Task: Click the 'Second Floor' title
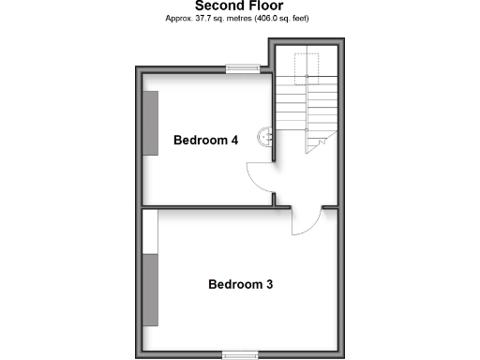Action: click(238, 6)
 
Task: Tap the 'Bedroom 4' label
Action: click(205, 140)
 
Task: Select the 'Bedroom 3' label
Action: click(240, 283)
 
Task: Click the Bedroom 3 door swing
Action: click(306, 221)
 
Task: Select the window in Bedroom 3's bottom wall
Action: click(240, 353)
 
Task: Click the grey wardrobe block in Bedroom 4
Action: click(150, 123)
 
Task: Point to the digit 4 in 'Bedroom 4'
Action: click(234, 140)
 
